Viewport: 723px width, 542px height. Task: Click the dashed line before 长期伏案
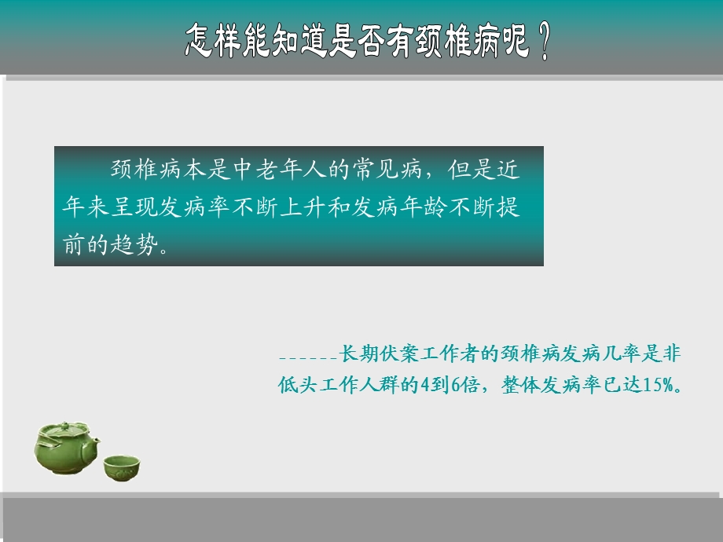tap(307, 357)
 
